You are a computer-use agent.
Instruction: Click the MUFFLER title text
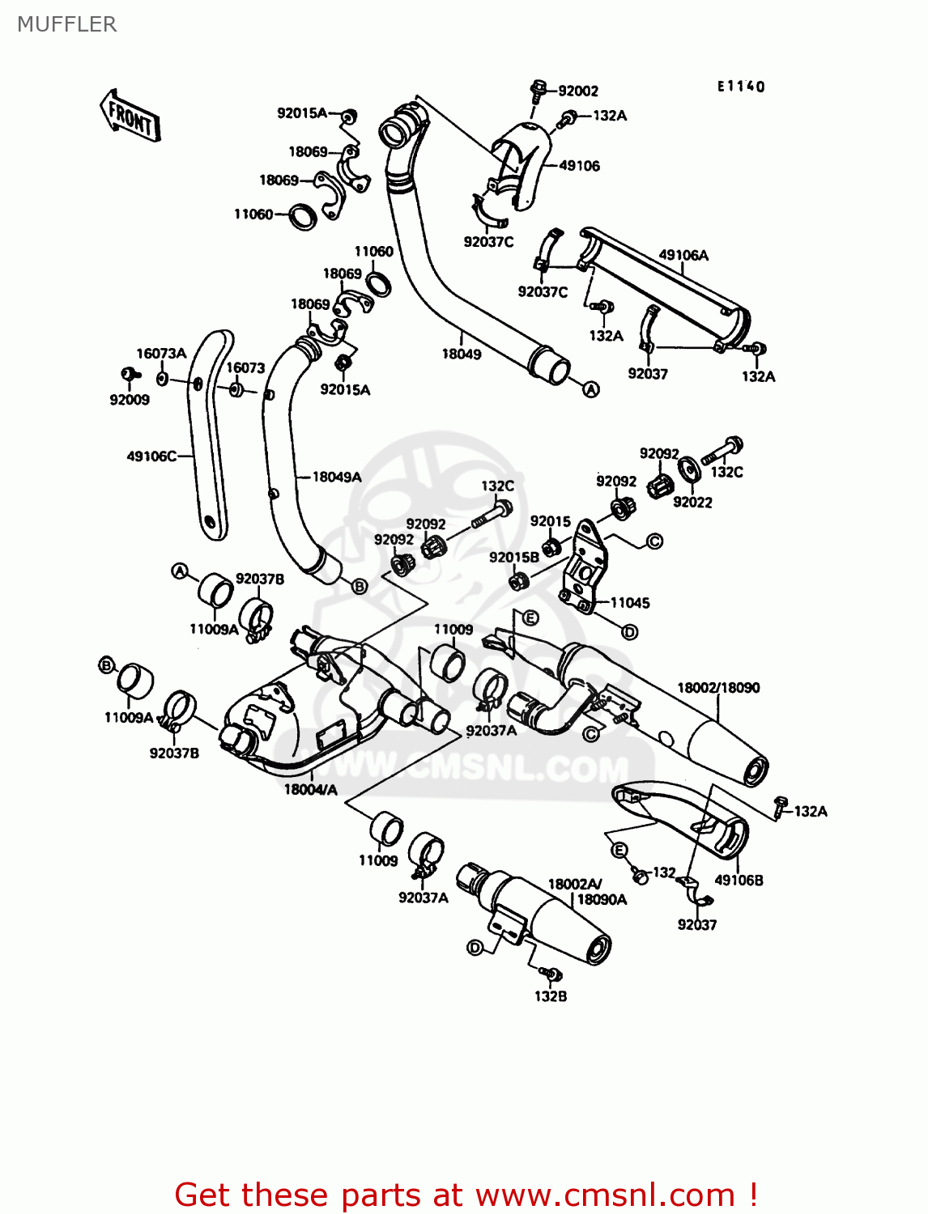click(67, 24)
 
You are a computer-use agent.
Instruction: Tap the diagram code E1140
click(740, 87)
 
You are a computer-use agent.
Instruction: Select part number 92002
click(578, 91)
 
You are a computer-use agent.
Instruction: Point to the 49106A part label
click(683, 256)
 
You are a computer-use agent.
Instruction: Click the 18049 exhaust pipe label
click(462, 354)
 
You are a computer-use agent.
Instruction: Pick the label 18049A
click(337, 477)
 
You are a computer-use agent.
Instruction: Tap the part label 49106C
click(151, 456)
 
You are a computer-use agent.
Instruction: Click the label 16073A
click(161, 354)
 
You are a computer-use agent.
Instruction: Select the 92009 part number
click(130, 400)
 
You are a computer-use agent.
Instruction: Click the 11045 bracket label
click(630, 602)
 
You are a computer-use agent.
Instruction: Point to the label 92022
click(692, 502)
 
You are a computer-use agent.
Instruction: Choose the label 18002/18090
click(718, 688)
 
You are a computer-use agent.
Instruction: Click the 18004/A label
click(310, 789)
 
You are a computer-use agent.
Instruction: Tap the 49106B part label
click(739, 880)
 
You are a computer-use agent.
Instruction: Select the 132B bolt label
click(551, 996)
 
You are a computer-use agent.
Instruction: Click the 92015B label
click(513, 558)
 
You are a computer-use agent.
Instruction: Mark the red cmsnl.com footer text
click(466, 1195)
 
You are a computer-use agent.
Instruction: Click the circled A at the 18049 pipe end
click(591, 390)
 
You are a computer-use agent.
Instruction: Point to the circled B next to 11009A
click(106, 665)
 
